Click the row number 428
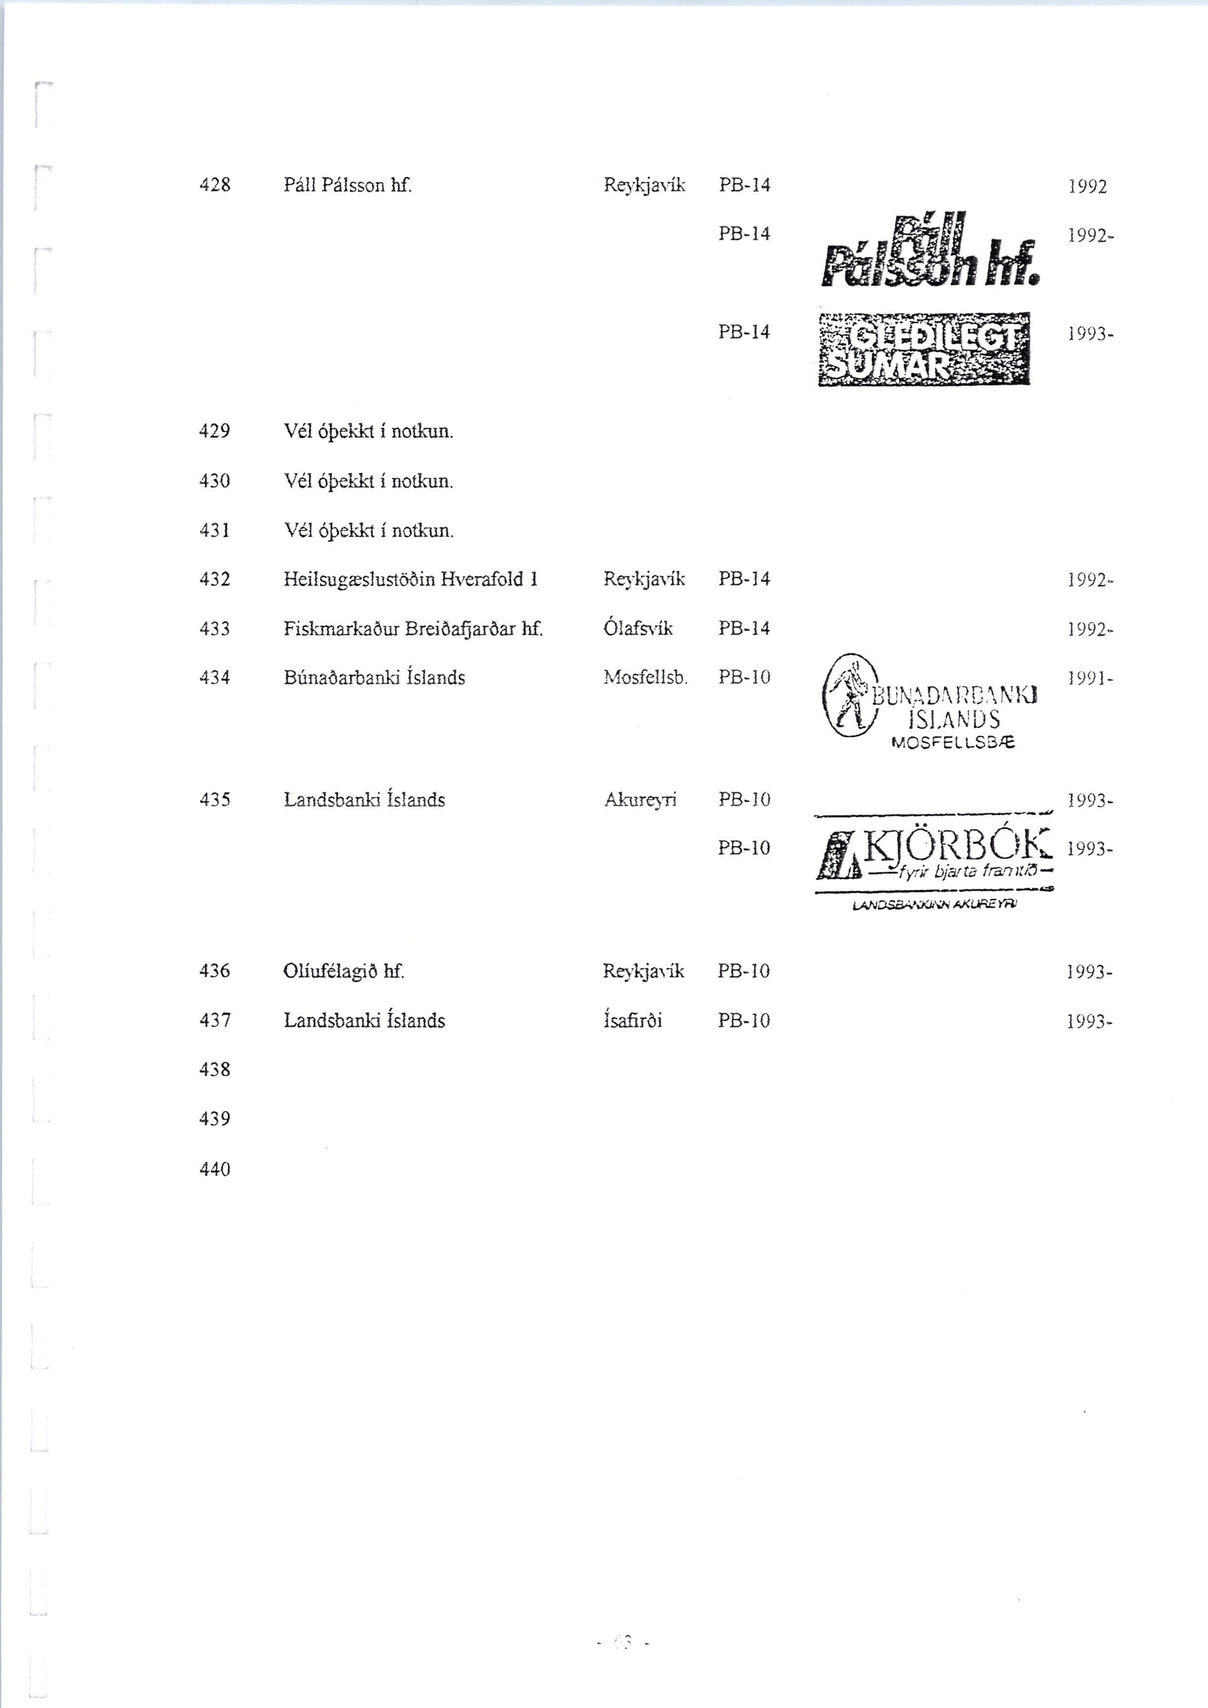pyautogui.click(x=215, y=185)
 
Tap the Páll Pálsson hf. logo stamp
pyautogui.click(x=930, y=251)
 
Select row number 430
pyautogui.click(x=215, y=481)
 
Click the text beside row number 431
pyautogui.click(x=368, y=530)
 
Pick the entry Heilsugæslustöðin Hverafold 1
pyautogui.click(x=410, y=579)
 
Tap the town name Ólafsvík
pyautogui.click(x=638, y=629)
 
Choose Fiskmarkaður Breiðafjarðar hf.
pyautogui.click(x=413, y=629)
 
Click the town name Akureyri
pyautogui.click(x=640, y=799)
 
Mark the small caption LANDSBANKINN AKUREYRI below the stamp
pyautogui.click(x=935, y=905)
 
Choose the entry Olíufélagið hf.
pyautogui.click(x=343, y=971)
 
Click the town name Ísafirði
pyautogui.click(x=633, y=1021)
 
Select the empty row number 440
pyautogui.click(x=215, y=1169)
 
